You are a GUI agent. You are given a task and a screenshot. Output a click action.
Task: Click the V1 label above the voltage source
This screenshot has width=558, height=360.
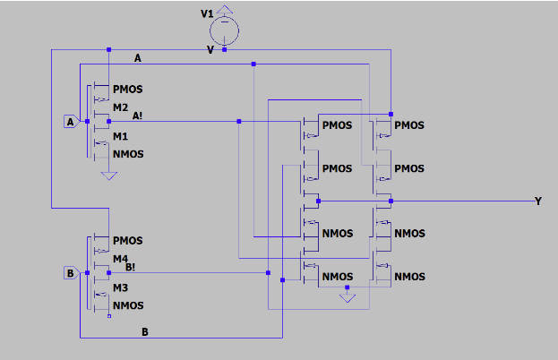point(208,14)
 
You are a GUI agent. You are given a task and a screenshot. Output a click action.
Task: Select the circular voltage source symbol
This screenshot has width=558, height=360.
point(225,30)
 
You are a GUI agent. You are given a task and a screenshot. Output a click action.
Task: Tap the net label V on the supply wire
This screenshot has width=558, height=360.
point(210,49)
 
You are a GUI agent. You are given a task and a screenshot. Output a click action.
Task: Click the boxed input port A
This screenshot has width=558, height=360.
point(71,121)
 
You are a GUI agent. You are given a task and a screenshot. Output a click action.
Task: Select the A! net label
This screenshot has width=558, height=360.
point(138,115)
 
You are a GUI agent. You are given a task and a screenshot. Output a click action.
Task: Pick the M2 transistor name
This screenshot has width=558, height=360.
point(121,107)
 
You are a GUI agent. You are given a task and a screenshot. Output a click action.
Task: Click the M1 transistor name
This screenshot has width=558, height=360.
point(120,136)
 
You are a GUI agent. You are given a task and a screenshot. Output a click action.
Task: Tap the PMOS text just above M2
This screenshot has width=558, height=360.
point(128,90)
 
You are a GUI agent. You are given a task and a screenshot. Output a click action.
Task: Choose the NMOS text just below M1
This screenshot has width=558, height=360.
point(128,154)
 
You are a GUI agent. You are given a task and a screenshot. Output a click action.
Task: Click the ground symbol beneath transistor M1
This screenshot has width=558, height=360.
point(108,176)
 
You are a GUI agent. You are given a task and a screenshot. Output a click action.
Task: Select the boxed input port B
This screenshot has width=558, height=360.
point(71,273)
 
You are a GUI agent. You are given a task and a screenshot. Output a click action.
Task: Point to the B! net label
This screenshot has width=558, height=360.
point(131,266)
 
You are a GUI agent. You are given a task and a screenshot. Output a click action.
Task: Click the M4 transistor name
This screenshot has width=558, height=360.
point(121,259)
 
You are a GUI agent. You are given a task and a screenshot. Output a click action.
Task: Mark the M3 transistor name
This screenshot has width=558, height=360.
point(120,287)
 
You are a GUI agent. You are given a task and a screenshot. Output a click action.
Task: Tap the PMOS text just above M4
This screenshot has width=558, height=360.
point(128,242)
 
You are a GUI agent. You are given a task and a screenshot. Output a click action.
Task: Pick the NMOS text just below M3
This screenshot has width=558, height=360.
point(128,305)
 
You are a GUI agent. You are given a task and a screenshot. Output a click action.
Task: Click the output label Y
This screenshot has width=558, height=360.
point(537,201)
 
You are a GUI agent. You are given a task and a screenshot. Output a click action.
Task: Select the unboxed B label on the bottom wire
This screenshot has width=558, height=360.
point(145,331)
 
